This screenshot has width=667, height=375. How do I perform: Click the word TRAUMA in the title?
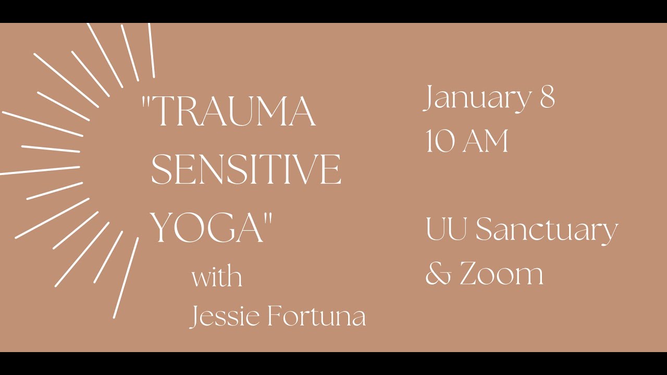(234, 112)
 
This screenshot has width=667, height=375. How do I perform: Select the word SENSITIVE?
(246, 170)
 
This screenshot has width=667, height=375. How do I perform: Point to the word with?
(217, 277)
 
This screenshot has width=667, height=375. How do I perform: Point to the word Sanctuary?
(547, 231)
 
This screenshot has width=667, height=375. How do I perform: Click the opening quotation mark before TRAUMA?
(146, 102)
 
